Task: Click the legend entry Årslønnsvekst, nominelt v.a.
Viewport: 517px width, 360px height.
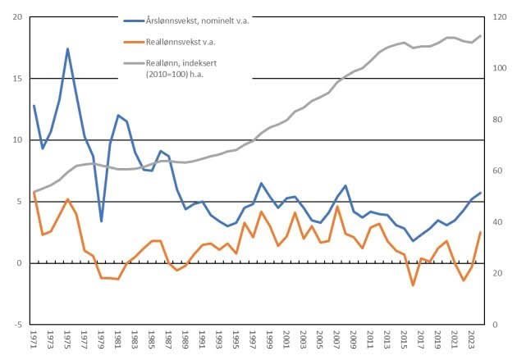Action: tap(186, 21)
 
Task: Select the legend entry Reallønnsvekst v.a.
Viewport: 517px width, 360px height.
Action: tap(170, 42)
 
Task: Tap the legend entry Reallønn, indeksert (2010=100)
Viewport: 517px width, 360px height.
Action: tap(171, 68)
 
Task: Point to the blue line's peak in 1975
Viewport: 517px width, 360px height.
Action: tap(67, 48)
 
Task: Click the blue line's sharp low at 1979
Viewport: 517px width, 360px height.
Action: tap(101, 221)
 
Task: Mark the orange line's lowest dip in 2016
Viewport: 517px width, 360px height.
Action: tap(413, 285)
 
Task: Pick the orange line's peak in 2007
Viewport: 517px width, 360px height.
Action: tap(337, 207)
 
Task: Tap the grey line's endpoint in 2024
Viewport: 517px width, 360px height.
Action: tap(480, 35)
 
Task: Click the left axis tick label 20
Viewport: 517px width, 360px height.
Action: tap(17, 16)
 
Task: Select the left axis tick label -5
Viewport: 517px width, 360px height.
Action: tap(18, 325)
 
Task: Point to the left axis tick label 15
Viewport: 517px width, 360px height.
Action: tap(17, 79)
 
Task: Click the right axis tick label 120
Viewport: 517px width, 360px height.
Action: tap(499, 16)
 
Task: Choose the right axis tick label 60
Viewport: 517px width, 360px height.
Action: tap(497, 171)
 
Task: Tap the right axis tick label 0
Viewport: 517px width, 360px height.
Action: tap(495, 325)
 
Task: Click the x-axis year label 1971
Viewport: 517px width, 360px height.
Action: tap(34, 339)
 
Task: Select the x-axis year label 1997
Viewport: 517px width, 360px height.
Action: tap(253, 339)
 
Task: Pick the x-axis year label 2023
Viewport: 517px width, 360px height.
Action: tap(472, 339)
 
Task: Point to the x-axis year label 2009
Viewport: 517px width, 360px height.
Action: tap(354, 339)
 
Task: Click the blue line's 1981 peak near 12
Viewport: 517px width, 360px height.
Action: tap(118, 115)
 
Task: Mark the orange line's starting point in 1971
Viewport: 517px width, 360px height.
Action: tap(34, 192)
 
